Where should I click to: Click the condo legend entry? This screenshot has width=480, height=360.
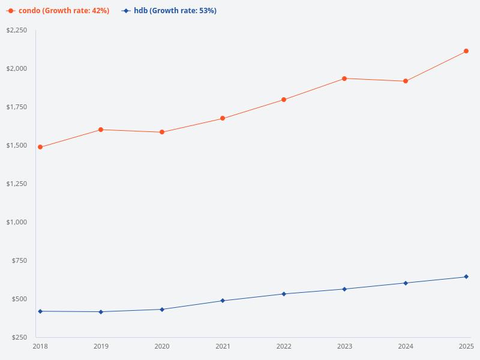58,11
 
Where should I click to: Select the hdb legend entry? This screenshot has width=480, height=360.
169,11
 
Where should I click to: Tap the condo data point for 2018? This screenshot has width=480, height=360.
40,147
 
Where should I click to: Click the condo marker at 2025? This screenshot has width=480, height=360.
466,51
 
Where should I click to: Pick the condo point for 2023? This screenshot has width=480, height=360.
344,79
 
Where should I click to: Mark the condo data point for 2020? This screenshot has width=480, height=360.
162,132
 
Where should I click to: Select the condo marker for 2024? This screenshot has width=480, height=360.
406,81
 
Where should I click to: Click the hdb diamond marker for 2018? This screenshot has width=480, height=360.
40,311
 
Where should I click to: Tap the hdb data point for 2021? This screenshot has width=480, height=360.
223,301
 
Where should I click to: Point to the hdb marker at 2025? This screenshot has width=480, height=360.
466,277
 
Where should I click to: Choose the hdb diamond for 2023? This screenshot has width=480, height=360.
344,289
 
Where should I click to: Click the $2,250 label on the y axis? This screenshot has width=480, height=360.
17,30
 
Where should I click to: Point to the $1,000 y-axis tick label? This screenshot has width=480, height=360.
17,222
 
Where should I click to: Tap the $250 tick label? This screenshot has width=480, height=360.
19,337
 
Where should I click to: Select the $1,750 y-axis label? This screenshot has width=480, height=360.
17,107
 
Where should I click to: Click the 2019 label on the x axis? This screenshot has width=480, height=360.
101,346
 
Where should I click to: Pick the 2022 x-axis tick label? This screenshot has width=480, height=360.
284,346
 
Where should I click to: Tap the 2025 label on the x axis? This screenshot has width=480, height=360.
466,346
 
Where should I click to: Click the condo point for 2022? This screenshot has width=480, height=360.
284,100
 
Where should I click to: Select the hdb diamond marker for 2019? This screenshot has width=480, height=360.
101,312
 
